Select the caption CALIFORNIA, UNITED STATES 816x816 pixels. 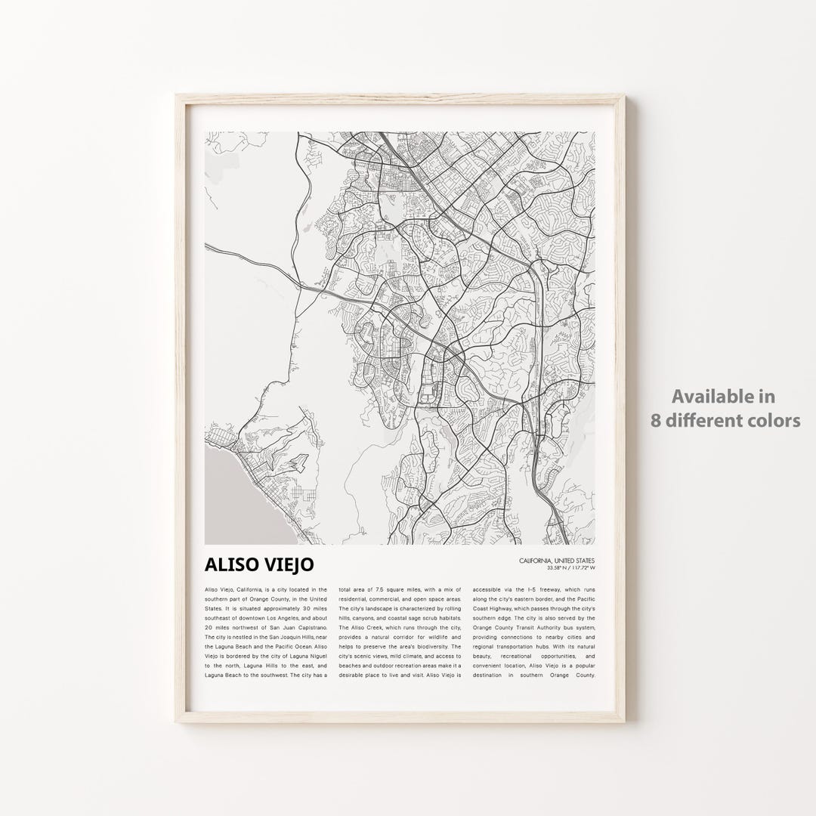tap(557, 560)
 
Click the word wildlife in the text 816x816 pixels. tap(428, 637)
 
